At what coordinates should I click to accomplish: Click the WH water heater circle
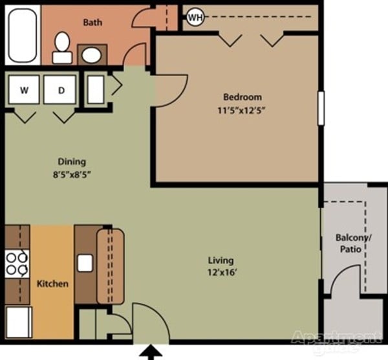pos(195,17)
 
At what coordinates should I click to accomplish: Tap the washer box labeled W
pos(24,91)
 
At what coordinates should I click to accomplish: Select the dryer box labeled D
pos(61,91)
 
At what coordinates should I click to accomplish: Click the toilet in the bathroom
pos(62,48)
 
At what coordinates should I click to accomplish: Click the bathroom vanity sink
pos(92,54)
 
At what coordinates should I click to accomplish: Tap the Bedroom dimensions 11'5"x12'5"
pos(241,110)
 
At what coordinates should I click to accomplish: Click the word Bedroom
pos(241,98)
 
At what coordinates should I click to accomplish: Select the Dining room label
pos(72,162)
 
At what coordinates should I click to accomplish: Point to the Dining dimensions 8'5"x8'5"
pos(72,174)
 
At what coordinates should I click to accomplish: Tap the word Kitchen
pos(52,284)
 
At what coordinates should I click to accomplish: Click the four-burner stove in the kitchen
pos(16,264)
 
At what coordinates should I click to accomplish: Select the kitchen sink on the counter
pos(85,263)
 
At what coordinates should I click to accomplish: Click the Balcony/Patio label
pos(352,243)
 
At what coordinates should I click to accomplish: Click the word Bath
pos(92,23)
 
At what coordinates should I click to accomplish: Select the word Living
pos(216,261)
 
